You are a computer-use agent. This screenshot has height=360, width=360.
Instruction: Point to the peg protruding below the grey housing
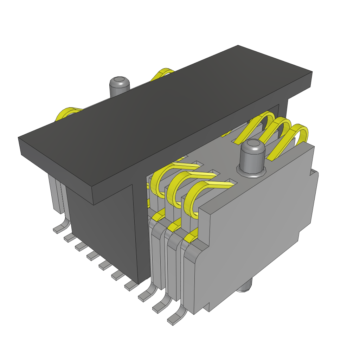[246, 286]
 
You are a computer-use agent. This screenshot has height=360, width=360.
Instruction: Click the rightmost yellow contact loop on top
[299, 134]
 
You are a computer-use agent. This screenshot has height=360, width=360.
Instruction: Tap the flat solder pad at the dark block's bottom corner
[130, 287]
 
